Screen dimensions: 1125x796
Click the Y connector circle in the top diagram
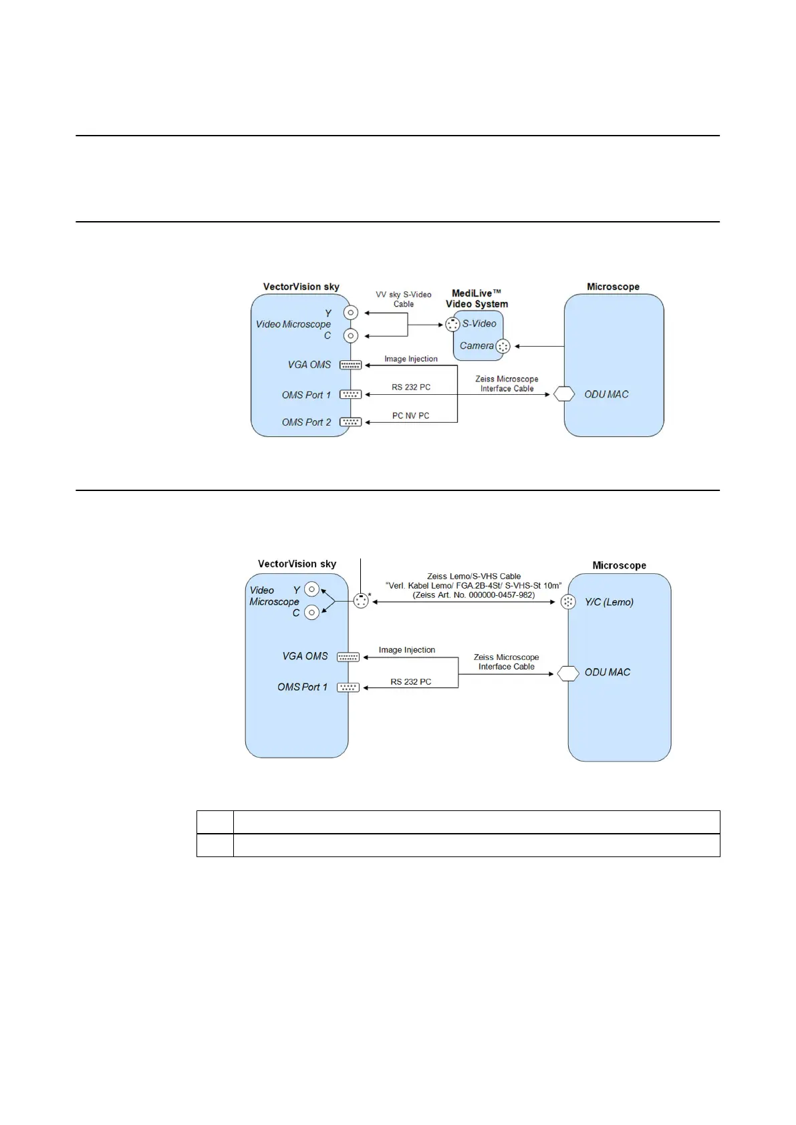tap(350, 313)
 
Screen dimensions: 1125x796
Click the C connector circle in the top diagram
tap(350, 335)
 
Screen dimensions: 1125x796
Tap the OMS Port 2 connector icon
tap(350, 422)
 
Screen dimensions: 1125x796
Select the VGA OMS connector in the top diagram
tap(350, 365)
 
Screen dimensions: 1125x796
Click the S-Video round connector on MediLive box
tap(452, 324)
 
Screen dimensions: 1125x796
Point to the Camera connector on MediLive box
tap(503, 346)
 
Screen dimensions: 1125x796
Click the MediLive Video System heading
tap(477, 298)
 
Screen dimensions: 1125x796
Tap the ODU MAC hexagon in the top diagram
tap(564, 393)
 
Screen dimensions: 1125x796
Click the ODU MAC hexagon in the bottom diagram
tap(567, 672)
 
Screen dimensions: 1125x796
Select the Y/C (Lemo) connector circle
tap(568, 602)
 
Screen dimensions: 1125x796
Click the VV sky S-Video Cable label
tap(403, 299)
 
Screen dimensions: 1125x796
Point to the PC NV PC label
tap(410, 416)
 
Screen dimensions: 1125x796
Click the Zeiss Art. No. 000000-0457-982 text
tap(473, 595)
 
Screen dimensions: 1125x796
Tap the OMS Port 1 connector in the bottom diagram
tap(348, 687)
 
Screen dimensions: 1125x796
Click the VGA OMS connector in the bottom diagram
tap(348, 657)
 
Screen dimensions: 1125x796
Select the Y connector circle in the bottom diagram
tap(311, 589)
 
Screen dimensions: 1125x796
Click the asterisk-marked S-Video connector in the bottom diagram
tap(361, 601)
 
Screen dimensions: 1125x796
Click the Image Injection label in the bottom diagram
tap(406, 649)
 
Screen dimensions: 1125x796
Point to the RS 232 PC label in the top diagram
tap(410, 387)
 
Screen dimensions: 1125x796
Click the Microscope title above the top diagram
tap(613, 287)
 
